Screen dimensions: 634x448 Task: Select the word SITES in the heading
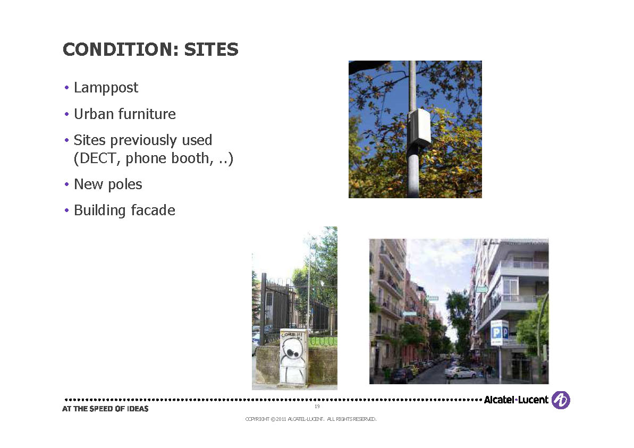tap(211, 50)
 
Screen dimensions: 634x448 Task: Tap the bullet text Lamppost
tap(106, 88)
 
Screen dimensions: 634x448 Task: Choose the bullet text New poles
tap(108, 184)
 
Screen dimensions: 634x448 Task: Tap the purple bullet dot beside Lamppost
tap(67, 87)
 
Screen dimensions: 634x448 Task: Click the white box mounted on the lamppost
tap(418, 128)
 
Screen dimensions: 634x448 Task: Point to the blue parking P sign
tap(500, 333)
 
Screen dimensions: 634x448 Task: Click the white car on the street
tap(461, 371)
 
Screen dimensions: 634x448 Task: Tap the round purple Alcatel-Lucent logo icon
tap(561, 400)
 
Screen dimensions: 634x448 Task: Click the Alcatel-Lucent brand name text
tap(516, 400)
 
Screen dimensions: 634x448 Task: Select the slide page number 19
tap(317, 407)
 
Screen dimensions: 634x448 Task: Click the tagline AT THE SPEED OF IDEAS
tap(105, 409)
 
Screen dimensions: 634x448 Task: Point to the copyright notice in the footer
tap(311, 419)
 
